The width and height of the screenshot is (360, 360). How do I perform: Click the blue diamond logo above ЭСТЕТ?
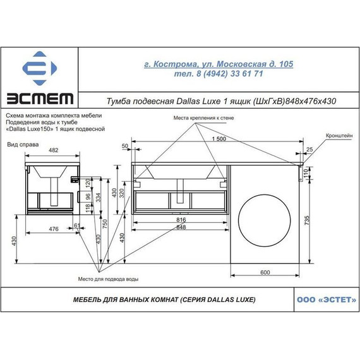pos(40,68)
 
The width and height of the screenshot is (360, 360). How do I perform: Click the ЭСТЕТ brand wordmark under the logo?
pos(40,99)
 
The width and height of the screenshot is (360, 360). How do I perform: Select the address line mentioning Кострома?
pos(219,64)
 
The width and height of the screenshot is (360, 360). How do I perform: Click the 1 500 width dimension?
pos(219,139)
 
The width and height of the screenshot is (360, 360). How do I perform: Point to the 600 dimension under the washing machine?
pos(265,272)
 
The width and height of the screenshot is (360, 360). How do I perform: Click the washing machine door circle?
pos(264,220)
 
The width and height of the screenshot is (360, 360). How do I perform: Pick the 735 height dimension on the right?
pos(307,220)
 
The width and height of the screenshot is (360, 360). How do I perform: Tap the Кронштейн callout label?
pos(339,135)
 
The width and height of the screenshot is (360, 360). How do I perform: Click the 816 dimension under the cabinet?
pos(181,220)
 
